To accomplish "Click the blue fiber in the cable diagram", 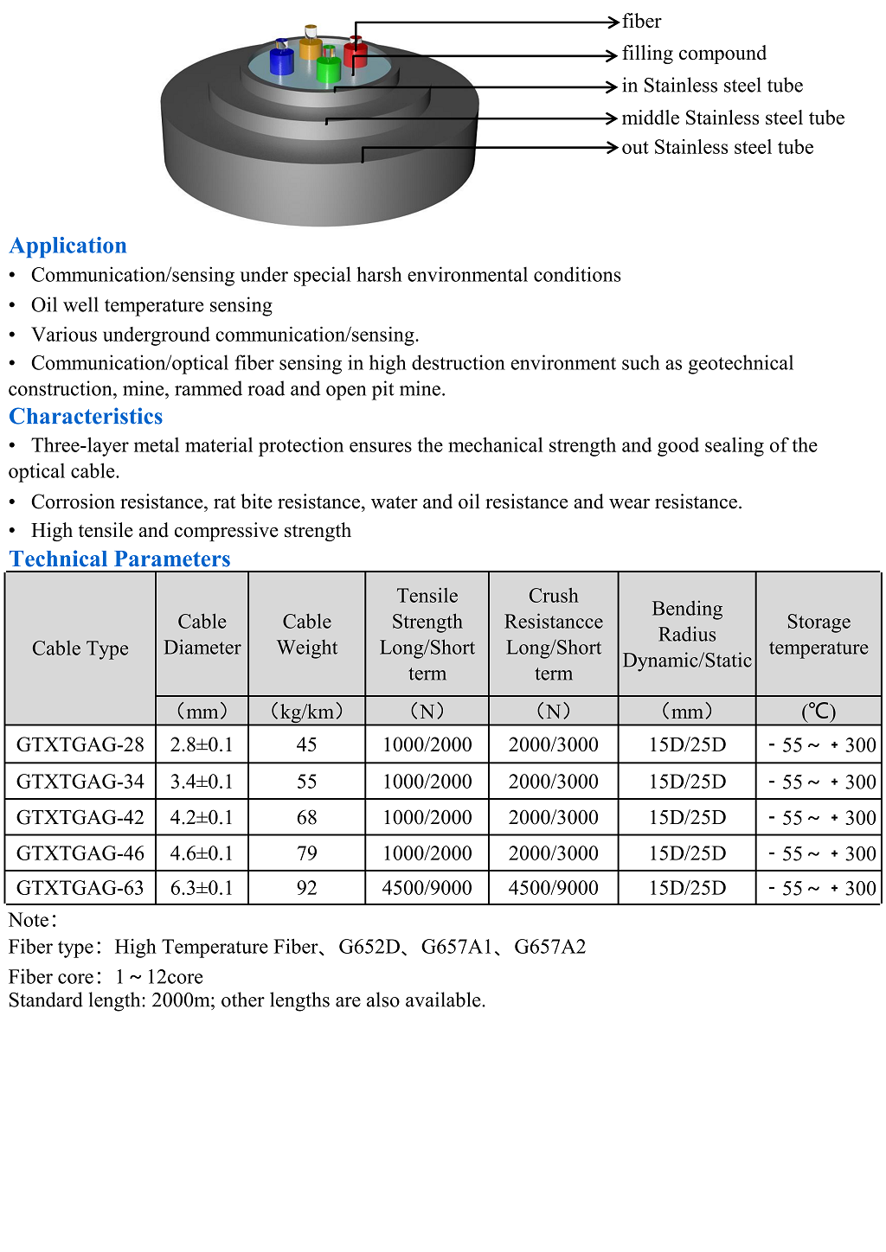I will tap(282, 61).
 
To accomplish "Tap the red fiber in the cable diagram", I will tap(355, 54).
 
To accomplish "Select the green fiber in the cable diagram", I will tap(329, 68).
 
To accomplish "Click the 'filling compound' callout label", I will tap(694, 54).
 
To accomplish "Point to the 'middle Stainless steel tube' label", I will tap(733, 118).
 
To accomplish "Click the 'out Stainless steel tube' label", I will tap(717, 148).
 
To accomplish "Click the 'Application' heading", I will tap(68, 246).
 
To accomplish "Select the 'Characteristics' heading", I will tap(86, 417).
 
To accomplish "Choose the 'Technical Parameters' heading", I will tap(120, 559).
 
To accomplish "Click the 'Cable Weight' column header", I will tap(307, 635).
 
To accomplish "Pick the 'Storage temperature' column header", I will tap(819, 635).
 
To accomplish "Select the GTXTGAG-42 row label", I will tap(80, 818).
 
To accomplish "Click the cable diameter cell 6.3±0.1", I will tap(202, 888).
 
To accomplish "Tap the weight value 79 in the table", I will tap(307, 853).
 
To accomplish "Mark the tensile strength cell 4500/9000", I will tap(427, 888).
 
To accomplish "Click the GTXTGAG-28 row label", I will tap(80, 744).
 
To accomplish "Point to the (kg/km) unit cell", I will tap(307, 712).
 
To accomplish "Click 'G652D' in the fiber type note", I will tap(369, 947).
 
